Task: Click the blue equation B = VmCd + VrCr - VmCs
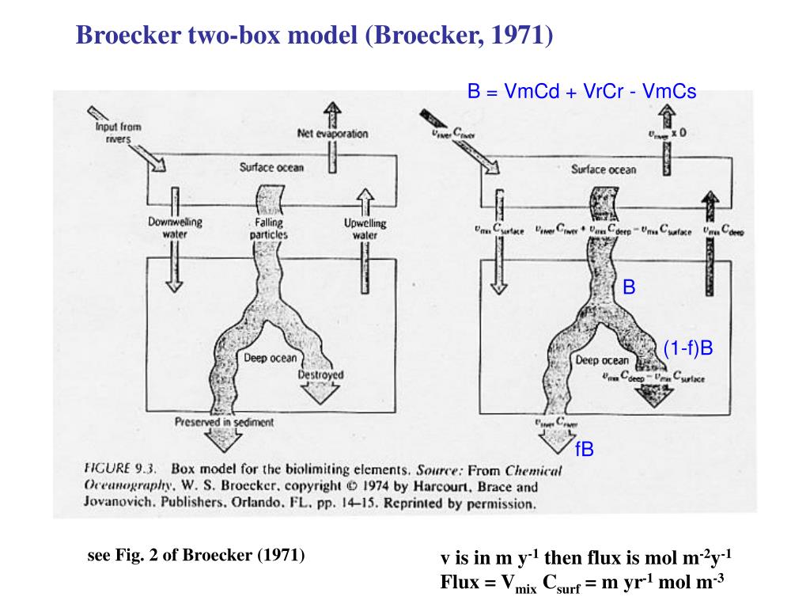pos(581,92)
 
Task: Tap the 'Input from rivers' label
pos(118,133)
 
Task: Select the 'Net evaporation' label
pos(332,134)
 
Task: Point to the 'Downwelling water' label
pos(175,228)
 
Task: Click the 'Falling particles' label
pos(269,229)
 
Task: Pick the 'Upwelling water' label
pos(365,229)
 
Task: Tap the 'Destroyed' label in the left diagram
pos(320,374)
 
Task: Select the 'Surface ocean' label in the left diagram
pos(271,167)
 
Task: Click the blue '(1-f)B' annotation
pos(688,348)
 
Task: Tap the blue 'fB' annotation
pos(585,450)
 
